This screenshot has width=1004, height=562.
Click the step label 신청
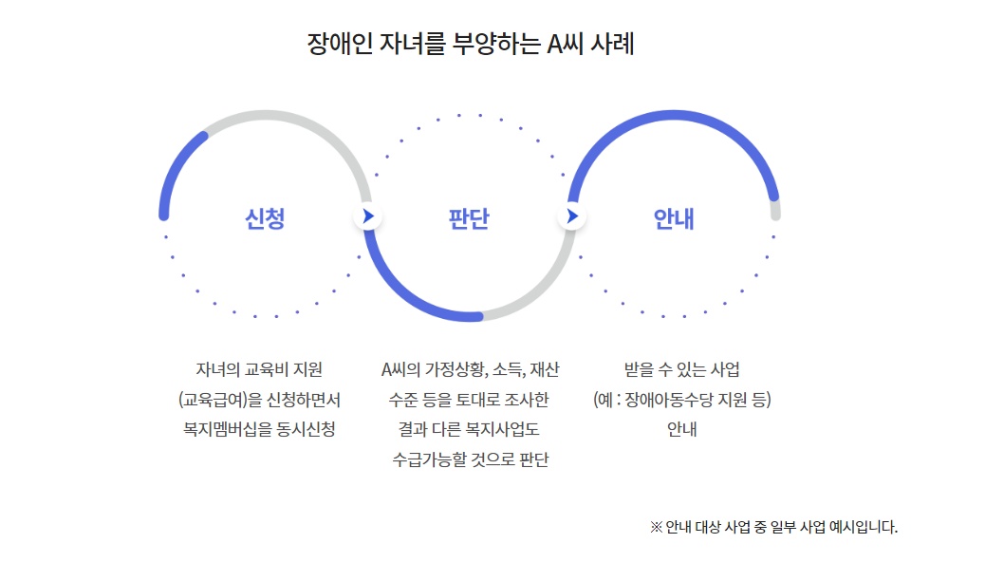pos(265,219)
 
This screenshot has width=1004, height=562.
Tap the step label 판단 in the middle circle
pos(469,219)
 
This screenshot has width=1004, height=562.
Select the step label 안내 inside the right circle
pos(674,219)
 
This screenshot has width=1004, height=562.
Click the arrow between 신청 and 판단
pos(367,216)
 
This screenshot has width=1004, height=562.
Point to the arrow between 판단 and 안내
pos(571,216)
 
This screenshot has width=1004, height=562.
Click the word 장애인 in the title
pos(338,44)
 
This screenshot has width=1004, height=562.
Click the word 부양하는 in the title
pos(495,44)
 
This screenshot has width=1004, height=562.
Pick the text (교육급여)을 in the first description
pos(214,399)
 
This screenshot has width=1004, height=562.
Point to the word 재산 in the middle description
pos(545,368)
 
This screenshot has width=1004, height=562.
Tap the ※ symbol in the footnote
pos(656,527)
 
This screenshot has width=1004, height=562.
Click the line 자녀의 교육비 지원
pos(259,368)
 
